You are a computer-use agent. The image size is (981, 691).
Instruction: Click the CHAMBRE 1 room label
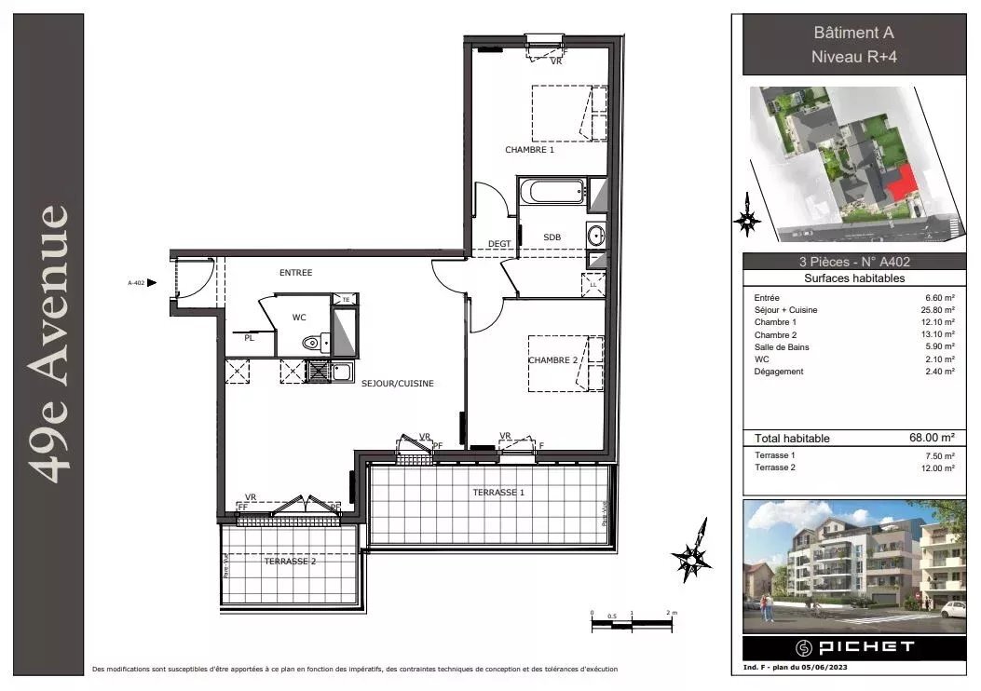[x=529, y=150]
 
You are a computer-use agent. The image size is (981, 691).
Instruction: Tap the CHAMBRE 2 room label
[x=554, y=360]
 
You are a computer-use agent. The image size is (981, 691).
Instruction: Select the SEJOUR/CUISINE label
[x=398, y=383]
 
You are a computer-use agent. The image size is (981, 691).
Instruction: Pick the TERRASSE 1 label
[x=498, y=492]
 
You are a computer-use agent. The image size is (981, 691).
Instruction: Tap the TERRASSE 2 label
[x=290, y=562]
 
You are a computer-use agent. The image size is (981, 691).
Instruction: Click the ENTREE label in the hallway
[x=295, y=273]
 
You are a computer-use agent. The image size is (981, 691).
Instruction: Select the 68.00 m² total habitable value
[x=933, y=438]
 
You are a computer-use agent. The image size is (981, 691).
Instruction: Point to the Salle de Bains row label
[x=782, y=347]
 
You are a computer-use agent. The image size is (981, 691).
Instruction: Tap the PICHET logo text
[x=852, y=646]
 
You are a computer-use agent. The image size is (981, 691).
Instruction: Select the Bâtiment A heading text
[x=853, y=34]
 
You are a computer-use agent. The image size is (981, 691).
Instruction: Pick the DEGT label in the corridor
[x=499, y=244]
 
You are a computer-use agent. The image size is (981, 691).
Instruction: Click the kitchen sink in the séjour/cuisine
[x=342, y=373]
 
